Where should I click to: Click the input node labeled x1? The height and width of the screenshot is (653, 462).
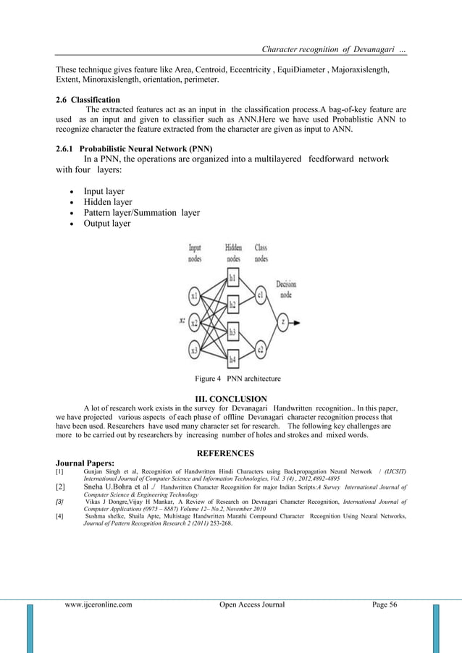pos(194,296)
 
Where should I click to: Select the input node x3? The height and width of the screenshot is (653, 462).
pos(193,350)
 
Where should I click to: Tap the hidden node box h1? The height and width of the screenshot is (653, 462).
pos(232,277)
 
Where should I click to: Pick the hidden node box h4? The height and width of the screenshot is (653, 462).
pos(232,358)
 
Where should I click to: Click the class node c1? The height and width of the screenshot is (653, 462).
pos(260,295)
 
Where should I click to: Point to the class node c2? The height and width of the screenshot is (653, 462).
pos(260,350)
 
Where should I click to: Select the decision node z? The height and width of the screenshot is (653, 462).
pos(284,323)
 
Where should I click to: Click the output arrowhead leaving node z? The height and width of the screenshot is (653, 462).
pos(297,323)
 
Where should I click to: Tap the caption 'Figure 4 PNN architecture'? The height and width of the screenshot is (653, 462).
pos(238,379)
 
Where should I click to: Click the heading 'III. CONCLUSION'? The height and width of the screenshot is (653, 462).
pos(231,398)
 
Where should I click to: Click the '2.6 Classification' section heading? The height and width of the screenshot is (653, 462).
pos(88,99)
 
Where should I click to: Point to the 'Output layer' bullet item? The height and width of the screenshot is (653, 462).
pos(107,224)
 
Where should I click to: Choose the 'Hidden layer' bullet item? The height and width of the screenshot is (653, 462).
pos(108,202)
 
